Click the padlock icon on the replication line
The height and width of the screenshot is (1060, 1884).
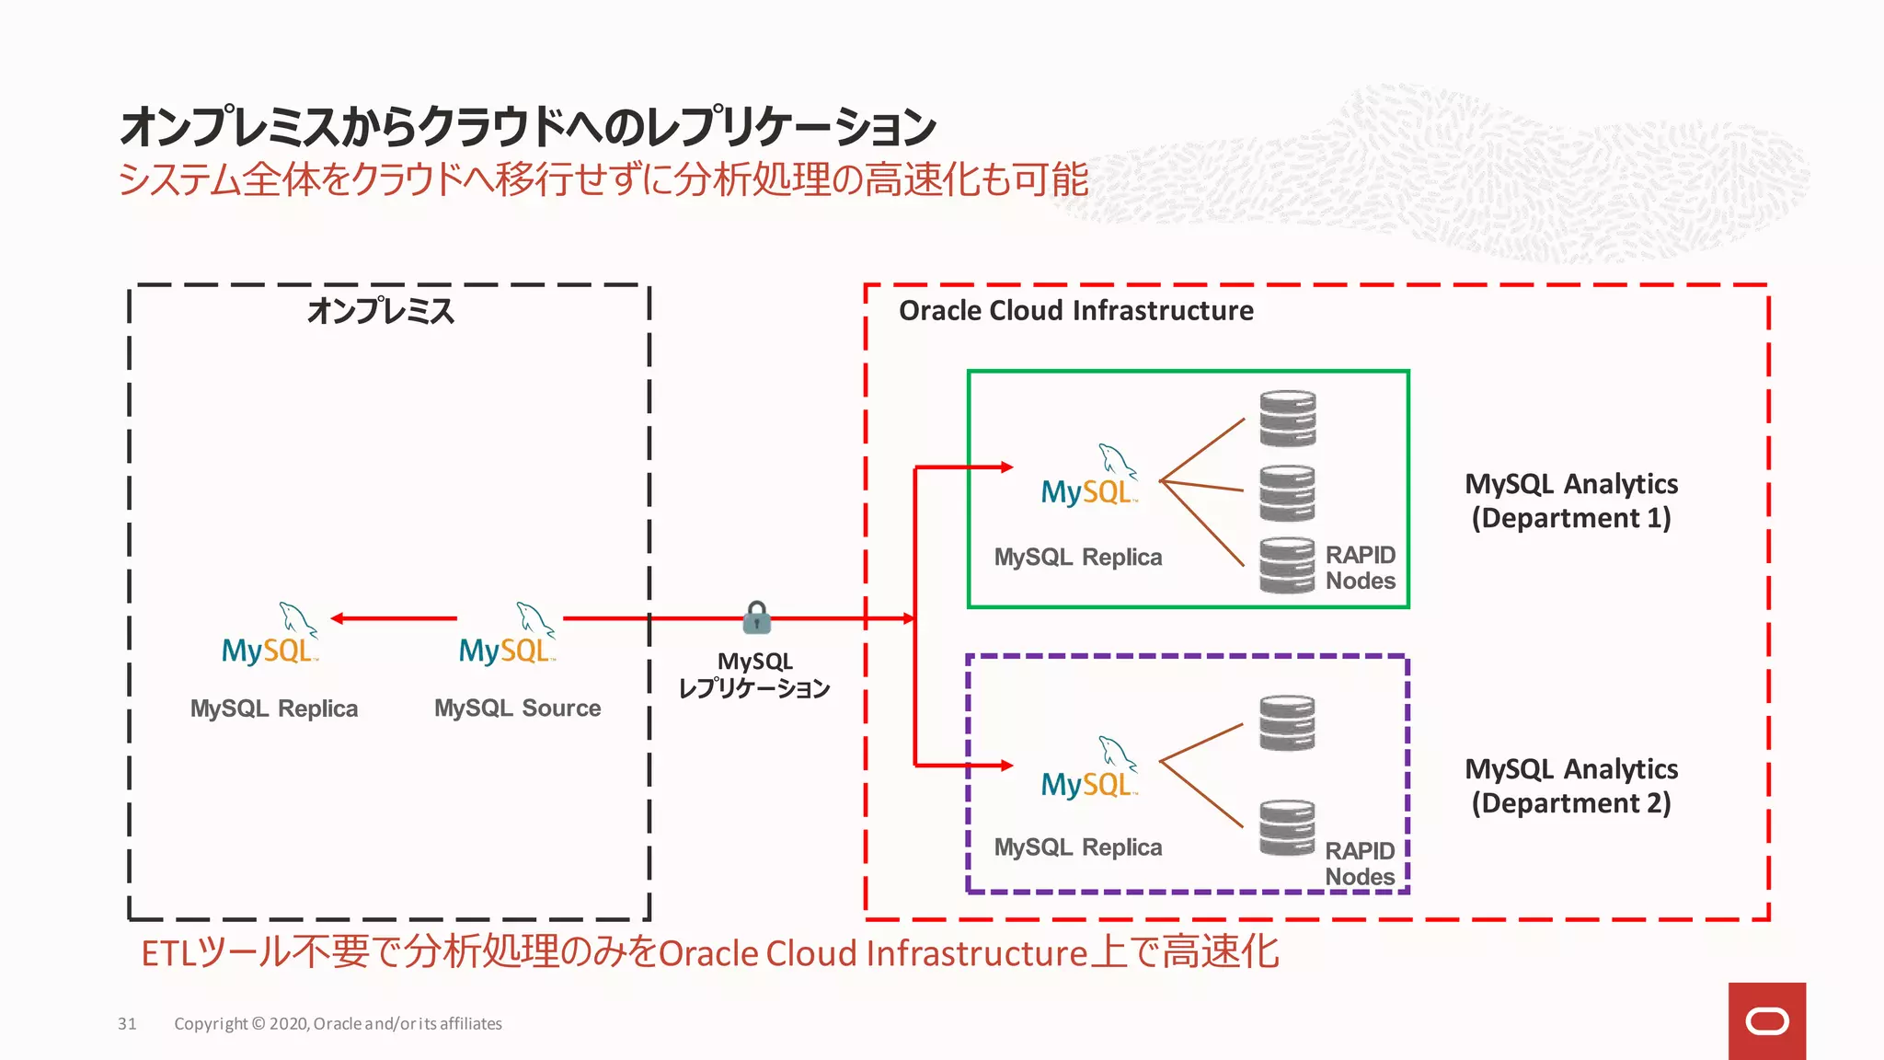(757, 617)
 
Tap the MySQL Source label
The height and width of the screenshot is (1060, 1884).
(517, 708)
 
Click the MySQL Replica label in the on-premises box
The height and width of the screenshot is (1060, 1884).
(274, 709)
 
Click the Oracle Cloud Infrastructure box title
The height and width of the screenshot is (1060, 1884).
(1075, 311)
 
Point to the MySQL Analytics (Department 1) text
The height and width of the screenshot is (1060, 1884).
(1571, 501)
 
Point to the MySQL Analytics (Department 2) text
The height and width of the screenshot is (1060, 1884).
(1571, 786)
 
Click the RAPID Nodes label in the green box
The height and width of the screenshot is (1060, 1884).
(1360, 568)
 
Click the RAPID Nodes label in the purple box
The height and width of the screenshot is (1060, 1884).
(1360, 863)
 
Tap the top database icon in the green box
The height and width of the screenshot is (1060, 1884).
(1287, 419)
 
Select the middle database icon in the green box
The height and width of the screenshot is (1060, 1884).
(1287, 493)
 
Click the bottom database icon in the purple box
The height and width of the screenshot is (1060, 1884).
(1287, 827)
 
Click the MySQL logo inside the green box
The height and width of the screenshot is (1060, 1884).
(1089, 478)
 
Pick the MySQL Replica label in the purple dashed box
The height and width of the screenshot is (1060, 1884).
(1078, 847)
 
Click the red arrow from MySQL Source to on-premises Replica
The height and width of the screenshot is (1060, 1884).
(394, 618)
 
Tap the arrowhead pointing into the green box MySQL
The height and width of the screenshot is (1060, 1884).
(1006, 467)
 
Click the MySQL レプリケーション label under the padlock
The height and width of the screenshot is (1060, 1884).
(754, 675)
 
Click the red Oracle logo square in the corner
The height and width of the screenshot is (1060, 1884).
(1766, 1021)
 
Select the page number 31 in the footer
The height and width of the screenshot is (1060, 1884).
(127, 1023)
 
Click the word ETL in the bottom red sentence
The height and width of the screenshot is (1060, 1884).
(168, 953)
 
